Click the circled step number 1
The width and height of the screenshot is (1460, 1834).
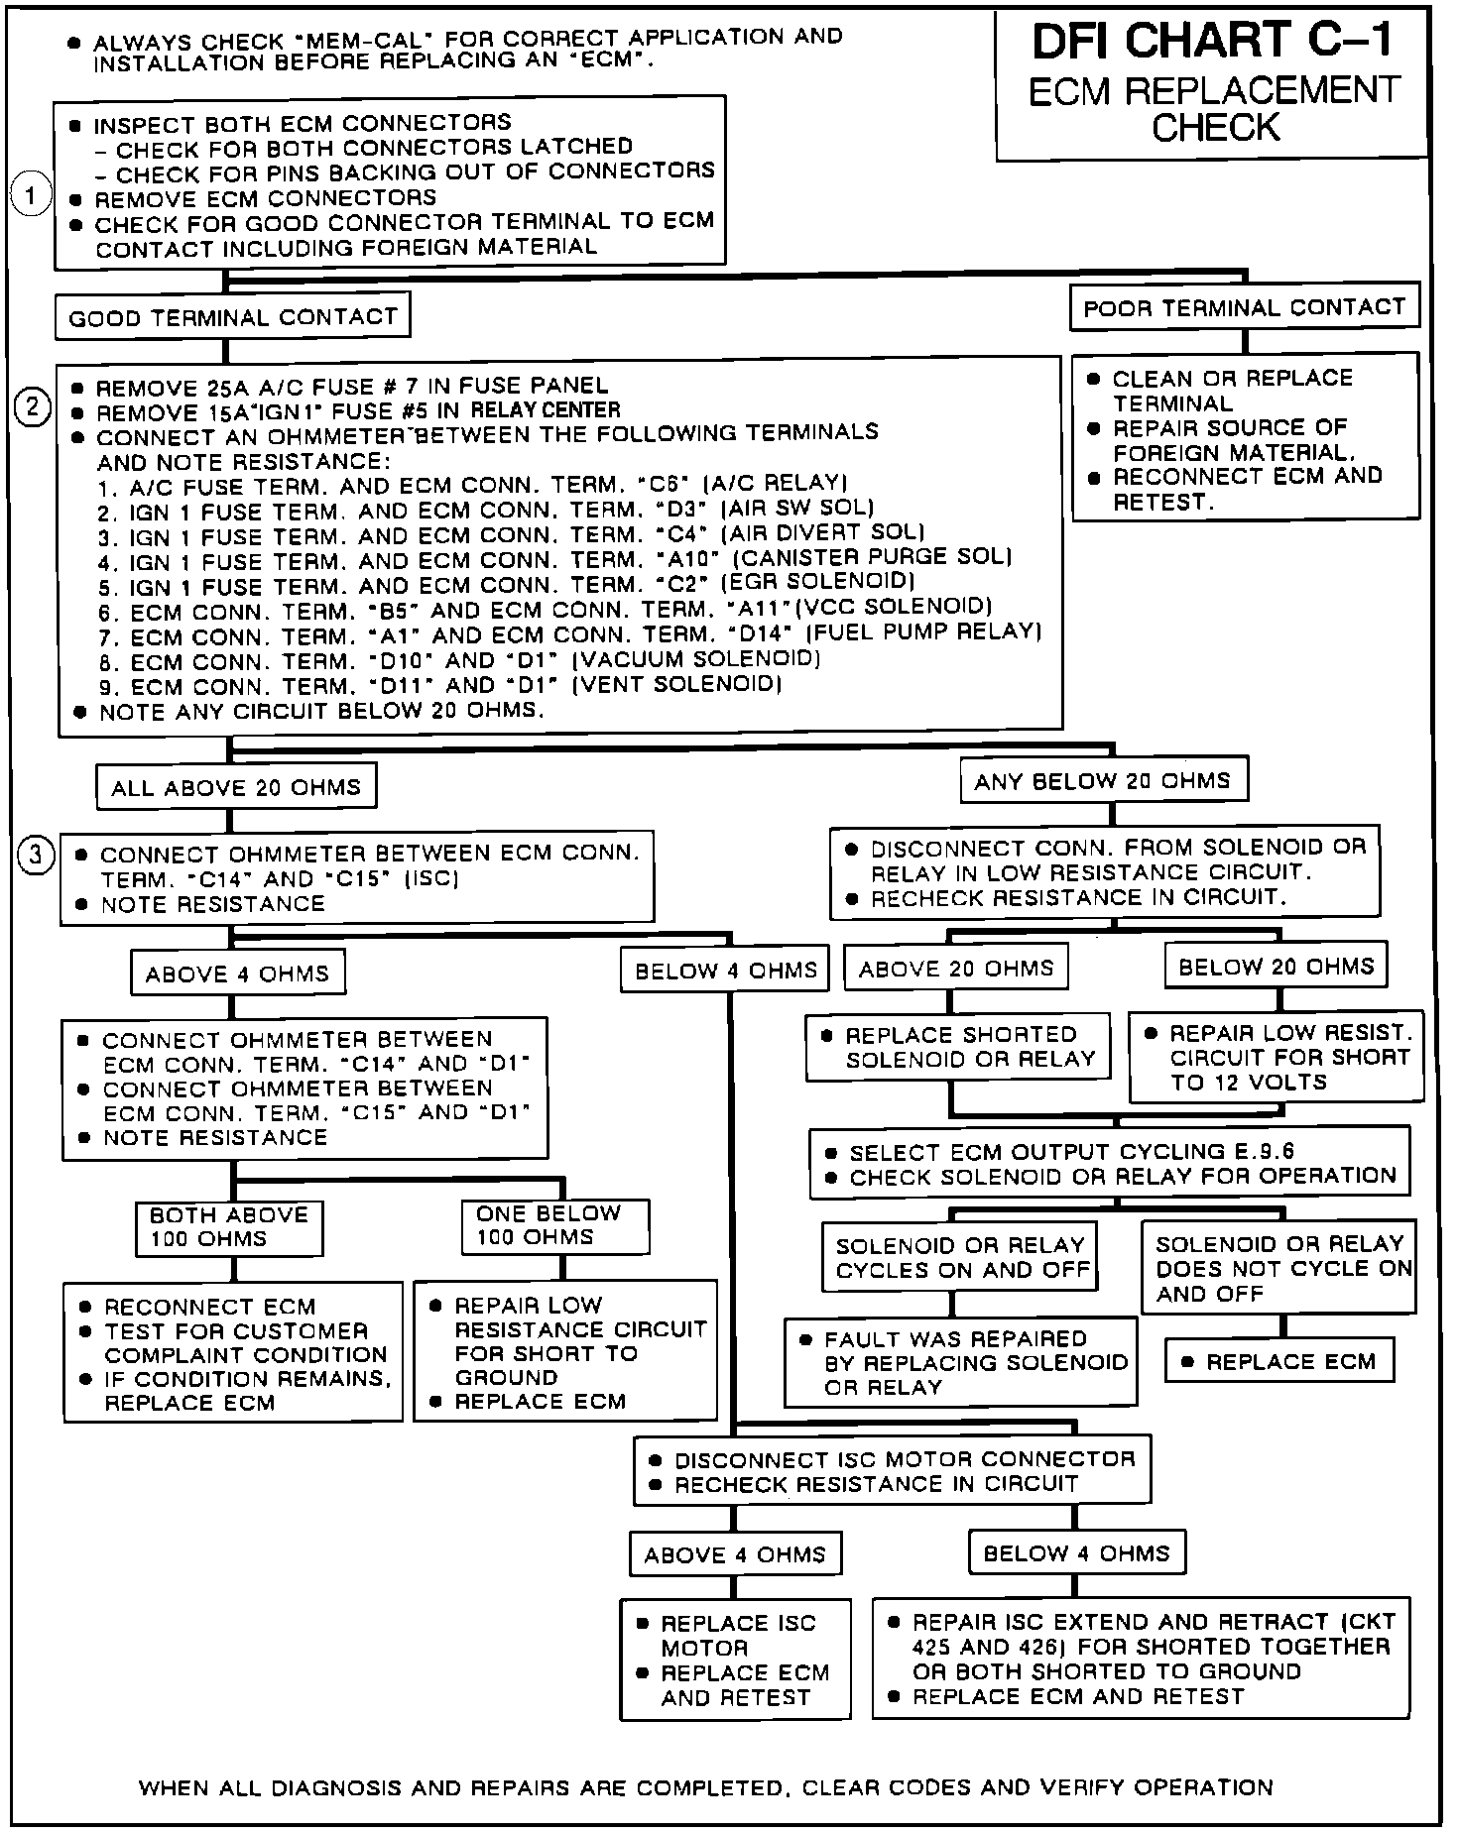[31, 195]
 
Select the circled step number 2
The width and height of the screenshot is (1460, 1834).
[33, 407]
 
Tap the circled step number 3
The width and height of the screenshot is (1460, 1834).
[36, 855]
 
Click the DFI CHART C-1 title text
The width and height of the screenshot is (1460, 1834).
[1212, 42]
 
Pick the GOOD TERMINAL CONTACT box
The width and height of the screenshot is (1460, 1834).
[232, 317]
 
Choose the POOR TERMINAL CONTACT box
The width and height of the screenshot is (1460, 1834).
[1244, 308]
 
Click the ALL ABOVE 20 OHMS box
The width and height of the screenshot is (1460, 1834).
[236, 788]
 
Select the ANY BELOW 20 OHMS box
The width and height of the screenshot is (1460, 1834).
[1102, 781]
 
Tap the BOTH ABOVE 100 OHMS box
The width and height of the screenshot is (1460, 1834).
[228, 1226]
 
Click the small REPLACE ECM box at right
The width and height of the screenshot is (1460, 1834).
[1279, 1361]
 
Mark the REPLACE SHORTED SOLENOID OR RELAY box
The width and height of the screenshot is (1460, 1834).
[958, 1047]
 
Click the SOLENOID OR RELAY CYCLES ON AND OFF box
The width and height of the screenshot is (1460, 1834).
[960, 1258]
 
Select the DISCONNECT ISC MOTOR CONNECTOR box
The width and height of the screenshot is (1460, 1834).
[892, 1472]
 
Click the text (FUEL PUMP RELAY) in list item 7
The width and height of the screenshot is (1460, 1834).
[924, 632]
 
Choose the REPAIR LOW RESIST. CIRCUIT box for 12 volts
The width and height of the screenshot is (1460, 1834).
[1277, 1057]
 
